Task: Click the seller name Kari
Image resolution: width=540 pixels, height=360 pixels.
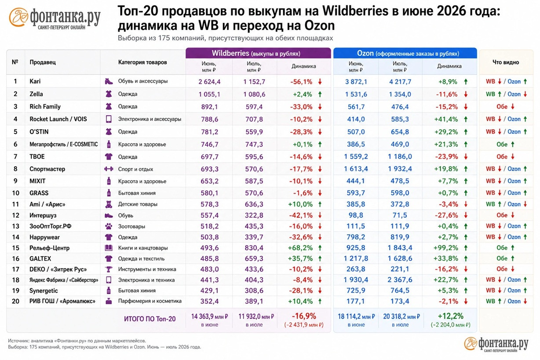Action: [35, 81]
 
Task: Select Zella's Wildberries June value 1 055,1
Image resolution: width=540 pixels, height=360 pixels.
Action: [209, 94]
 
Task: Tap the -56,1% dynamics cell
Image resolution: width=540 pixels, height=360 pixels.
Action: [301, 82]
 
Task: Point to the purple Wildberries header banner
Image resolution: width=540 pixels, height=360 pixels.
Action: [258, 53]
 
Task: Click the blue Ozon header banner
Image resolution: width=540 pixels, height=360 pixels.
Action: [405, 53]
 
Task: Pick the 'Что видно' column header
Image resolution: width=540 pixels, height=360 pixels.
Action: [506, 62]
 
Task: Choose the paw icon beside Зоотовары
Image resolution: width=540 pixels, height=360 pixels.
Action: [109, 226]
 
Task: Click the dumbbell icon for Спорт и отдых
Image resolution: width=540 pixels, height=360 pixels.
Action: [109, 169]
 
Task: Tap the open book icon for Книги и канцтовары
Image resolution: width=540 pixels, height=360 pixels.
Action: [109, 248]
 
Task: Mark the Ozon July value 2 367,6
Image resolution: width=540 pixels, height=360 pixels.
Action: [400, 280]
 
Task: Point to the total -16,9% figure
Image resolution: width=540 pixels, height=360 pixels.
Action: [304, 316]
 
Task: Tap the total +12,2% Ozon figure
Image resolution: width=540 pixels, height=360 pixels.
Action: [450, 316]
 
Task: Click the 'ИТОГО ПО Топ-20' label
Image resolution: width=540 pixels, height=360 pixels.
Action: [150, 319]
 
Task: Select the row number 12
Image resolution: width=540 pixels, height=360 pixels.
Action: [16, 215]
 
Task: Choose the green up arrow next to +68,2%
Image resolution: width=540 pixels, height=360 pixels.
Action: [320, 248]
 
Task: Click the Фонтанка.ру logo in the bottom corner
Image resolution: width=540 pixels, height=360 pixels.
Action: [496, 344]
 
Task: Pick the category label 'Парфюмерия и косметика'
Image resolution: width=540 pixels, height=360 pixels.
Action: [150, 301]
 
